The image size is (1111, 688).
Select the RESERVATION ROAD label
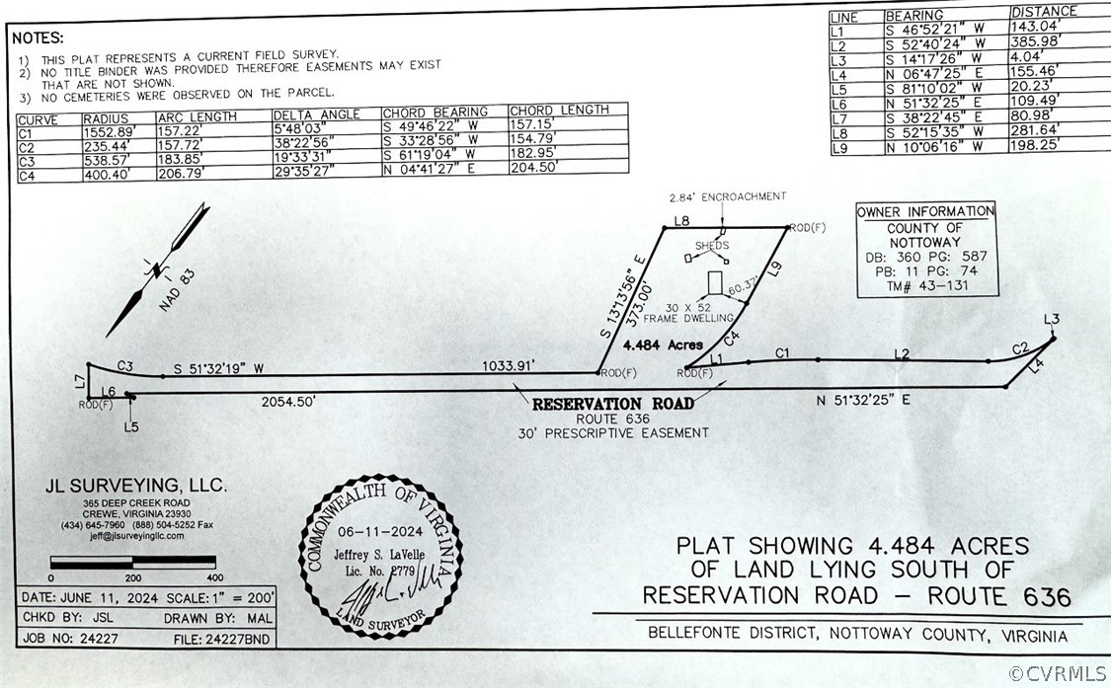[613, 404]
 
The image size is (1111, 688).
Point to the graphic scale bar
[132, 564]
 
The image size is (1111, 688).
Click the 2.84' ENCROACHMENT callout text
[727, 196]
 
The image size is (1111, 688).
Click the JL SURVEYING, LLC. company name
[136, 486]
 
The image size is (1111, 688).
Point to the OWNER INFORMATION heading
[925, 211]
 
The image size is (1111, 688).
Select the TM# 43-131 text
[926, 286]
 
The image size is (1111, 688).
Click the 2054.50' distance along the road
[287, 402]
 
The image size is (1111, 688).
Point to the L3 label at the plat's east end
[1052, 318]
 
